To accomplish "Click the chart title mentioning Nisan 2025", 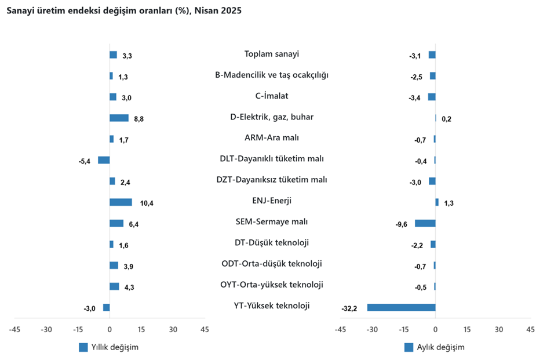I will pyautogui.click(x=124, y=11).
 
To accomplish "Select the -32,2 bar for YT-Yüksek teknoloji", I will pyautogui.click(x=401, y=307).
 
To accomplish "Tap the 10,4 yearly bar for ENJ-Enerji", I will pyautogui.click(x=121, y=202).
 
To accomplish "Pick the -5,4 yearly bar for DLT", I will pyautogui.click(x=104, y=160).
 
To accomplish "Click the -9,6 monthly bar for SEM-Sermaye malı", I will pyautogui.click(x=425, y=223).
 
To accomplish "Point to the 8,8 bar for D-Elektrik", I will pyautogui.click(x=119, y=118).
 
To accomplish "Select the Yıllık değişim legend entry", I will pyautogui.click(x=109, y=347).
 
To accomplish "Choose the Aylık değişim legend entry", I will pyautogui.click(x=435, y=347).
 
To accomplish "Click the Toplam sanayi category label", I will pyautogui.click(x=272, y=54).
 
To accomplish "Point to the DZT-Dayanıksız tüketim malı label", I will pyautogui.click(x=272, y=180).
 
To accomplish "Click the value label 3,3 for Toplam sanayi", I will pyautogui.click(x=127, y=56).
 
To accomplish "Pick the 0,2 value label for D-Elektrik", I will pyautogui.click(x=446, y=119).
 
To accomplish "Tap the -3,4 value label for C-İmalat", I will pyautogui.click(x=415, y=98).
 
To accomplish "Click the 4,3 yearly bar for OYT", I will pyautogui.click(x=114, y=286).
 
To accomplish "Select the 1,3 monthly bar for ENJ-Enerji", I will pyautogui.click(x=437, y=202).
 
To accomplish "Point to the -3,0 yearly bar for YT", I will pyautogui.click(x=106, y=307).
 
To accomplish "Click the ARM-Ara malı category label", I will pyautogui.click(x=272, y=138).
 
